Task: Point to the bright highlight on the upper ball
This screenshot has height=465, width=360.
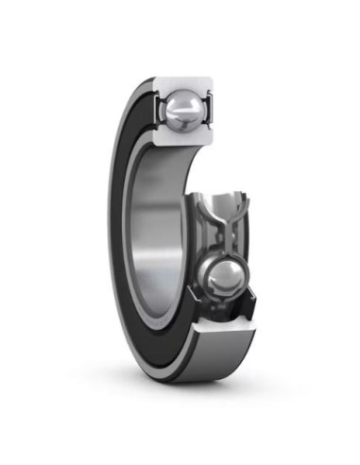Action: [176, 102]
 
